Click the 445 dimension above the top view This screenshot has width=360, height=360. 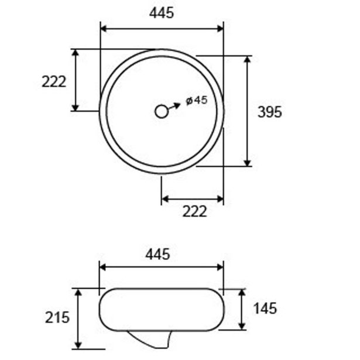click(x=162, y=13)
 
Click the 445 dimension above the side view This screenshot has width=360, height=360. click(x=157, y=255)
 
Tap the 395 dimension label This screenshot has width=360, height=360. click(x=269, y=112)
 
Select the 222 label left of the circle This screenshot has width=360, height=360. click(x=54, y=81)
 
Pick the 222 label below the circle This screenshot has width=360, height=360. click(x=195, y=211)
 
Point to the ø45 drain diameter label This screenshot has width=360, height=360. click(x=197, y=100)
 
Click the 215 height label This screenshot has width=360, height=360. click(x=57, y=317)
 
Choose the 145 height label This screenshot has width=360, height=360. click(x=265, y=308)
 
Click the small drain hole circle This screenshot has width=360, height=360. click(x=162, y=112)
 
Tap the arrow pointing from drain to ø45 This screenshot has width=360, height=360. click(x=174, y=107)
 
